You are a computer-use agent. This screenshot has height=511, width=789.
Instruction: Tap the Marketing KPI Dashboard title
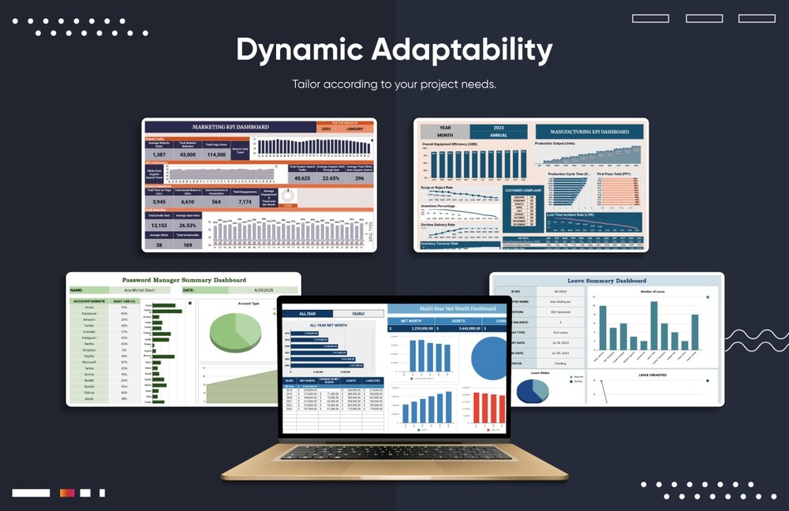point(230,126)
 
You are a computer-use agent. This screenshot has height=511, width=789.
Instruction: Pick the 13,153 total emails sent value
point(159,226)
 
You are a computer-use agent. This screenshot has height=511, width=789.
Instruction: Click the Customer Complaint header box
point(522,190)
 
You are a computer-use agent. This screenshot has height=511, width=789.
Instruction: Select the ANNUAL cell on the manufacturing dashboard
point(499,135)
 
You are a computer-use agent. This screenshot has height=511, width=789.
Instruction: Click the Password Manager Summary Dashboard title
point(184,280)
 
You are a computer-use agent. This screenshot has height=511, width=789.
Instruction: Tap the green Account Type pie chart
point(235,330)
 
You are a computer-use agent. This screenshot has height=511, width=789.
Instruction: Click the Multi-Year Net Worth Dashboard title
point(458,309)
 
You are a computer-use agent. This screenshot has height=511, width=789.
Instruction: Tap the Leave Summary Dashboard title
point(607,281)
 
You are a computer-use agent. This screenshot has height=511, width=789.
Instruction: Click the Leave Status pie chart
point(532,390)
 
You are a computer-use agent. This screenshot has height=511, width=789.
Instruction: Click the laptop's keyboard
point(395,453)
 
